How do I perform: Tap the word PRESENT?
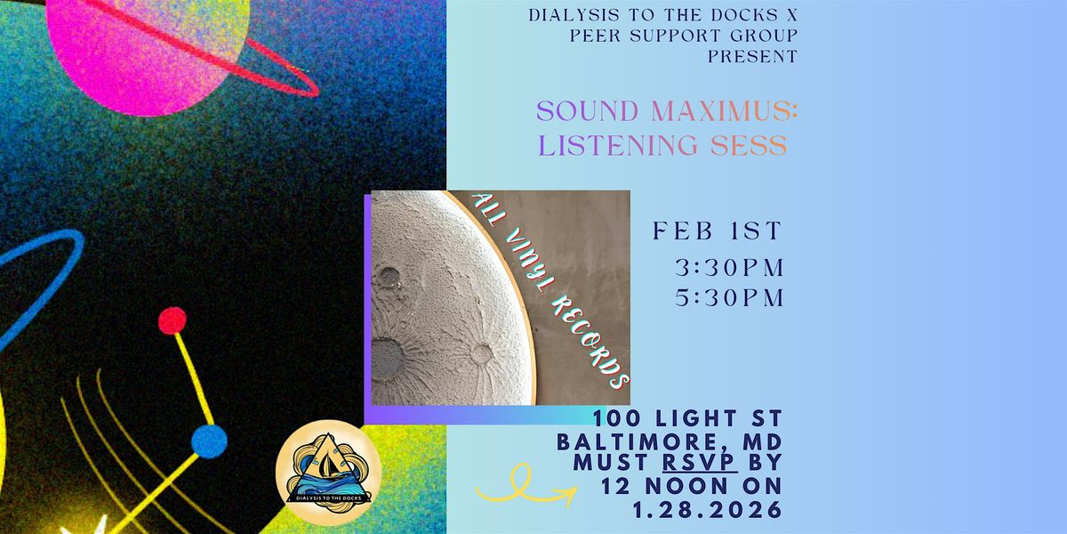click(752, 57)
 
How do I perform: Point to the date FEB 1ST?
click(717, 231)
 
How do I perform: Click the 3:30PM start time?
click(729, 268)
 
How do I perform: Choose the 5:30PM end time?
click(729, 298)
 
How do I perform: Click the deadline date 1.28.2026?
click(708, 510)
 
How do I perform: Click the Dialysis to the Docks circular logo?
click(328, 473)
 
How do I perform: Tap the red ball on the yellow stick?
click(172, 320)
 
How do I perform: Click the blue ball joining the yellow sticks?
click(209, 441)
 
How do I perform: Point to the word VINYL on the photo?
click(523, 259)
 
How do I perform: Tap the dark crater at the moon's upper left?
click(389, 276)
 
